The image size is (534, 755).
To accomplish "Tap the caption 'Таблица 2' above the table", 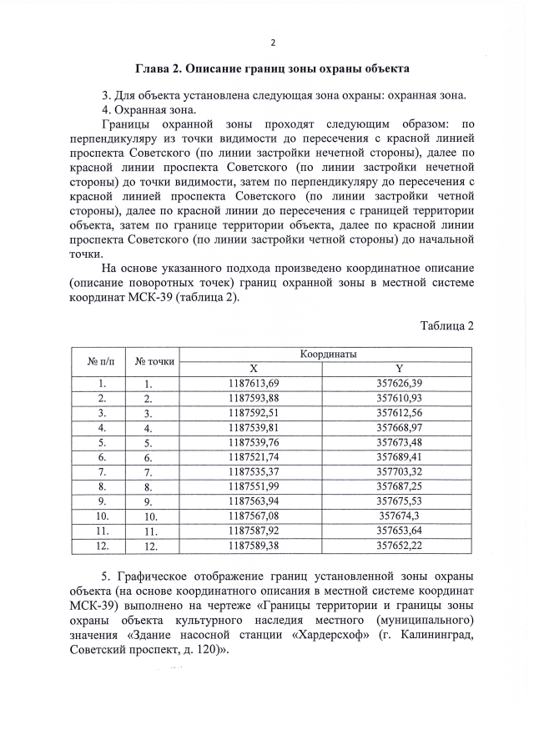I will [x=446, y=325].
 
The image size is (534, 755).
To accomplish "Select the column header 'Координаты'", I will [x=327, y=355].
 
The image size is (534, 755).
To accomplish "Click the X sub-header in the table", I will [x=254, y=368].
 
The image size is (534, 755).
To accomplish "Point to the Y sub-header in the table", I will [x=400, y=368].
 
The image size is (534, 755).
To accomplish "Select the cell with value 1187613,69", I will [x=254, y=383].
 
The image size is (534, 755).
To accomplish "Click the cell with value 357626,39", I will [x=400, y=383].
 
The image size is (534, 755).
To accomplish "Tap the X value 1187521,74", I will [x=254, y=457].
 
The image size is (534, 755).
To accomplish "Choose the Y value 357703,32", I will [x=400, y=472].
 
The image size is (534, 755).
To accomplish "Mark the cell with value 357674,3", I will [x=400, y=516].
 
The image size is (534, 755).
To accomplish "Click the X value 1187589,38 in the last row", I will [x=254, y=546].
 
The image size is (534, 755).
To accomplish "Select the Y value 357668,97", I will [x=400, y=427].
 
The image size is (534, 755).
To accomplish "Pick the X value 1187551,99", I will [x=254, y=486].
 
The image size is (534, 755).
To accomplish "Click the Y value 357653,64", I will [x=400, y=531].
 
